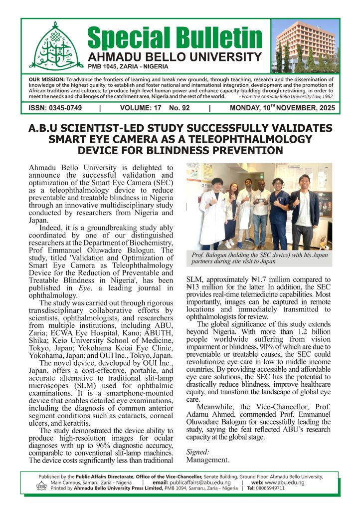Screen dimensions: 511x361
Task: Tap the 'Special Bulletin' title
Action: (x=175, y=37)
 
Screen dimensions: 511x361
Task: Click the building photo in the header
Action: (x=305, y=46)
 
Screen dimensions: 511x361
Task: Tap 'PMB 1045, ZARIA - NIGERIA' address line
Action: (x=128, y=67)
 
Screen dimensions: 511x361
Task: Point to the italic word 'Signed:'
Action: (x=196, y=452)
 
